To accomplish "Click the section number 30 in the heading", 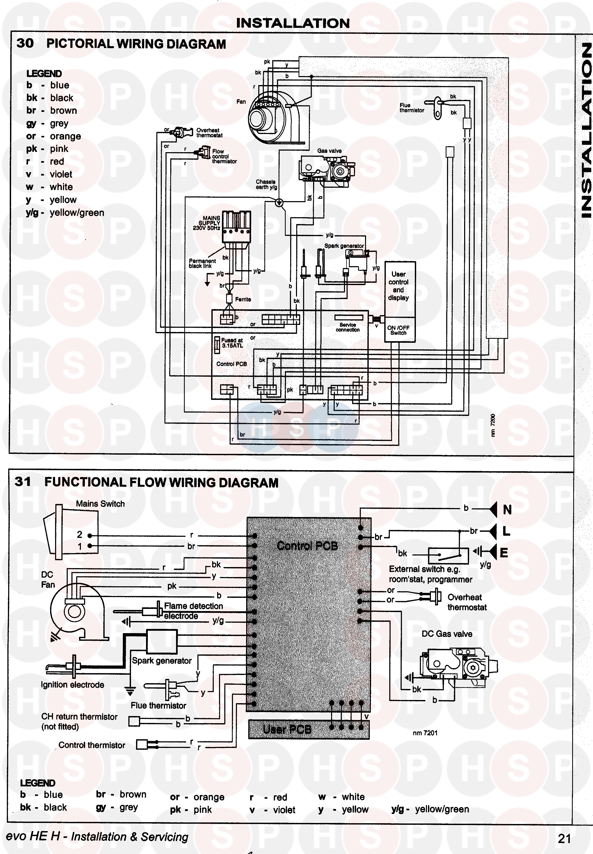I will click(x=25, y=43).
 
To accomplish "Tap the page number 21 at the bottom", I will click(x=564, y=838).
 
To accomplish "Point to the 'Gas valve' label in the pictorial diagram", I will click(x=329, y=151).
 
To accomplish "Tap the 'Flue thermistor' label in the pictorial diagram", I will click(x=411, y=108).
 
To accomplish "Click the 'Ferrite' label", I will click(x=243, y=299).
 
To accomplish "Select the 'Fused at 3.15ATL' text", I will click(x=232, y=342).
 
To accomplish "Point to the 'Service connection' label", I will click(x=348, y=327).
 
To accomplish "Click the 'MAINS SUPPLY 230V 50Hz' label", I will click(x=207, y=223).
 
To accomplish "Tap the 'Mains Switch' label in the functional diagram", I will click(x=100, y=504).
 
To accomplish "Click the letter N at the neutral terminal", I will click(x=507, y=510).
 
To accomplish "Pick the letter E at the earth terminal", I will click(x=504, y=553).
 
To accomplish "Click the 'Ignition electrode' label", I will click(x=72, y=685).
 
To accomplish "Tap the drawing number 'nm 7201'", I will click(x=425, y=733).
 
